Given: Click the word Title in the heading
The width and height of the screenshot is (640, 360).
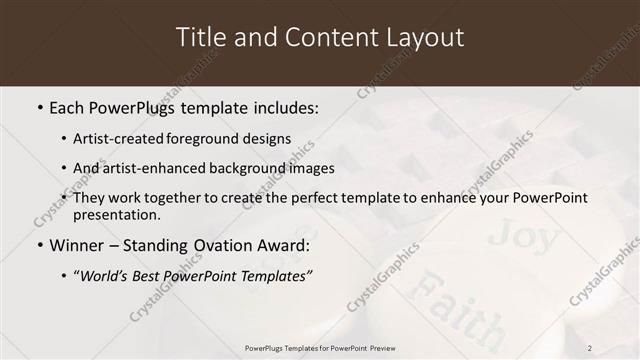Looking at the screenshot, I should pos(199,37).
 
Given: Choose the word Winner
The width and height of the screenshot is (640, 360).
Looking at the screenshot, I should pos(78,244).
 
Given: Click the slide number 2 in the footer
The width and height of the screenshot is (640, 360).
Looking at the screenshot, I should pos(590,347).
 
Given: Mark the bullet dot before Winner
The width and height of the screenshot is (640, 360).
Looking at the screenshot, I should pos(40,245).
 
